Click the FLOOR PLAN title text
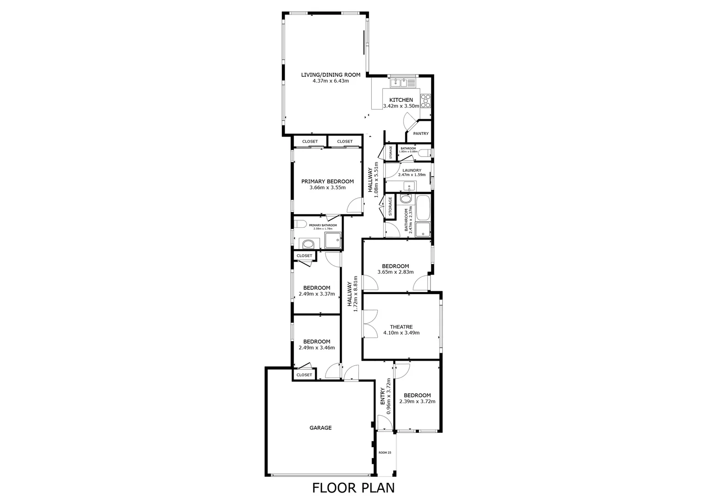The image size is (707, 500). coord(353,487)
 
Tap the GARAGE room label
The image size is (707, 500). coord(320,428)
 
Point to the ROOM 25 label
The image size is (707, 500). coord(385,452)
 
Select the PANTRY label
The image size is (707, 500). coord(421,133)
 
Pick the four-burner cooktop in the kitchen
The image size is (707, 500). coord(425,100)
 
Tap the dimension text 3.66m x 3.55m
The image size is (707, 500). coord(327,187)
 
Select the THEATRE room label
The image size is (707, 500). coord(401,327)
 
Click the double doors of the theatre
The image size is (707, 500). coord(369,323)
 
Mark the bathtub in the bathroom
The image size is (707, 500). coord(423,208)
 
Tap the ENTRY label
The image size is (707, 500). coord(383,397)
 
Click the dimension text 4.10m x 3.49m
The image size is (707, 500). coord(401,332)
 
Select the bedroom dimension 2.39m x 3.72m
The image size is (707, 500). coord(417,401)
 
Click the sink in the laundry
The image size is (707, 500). coord(409,187)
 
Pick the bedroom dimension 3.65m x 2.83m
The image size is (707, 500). coord(395,272)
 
